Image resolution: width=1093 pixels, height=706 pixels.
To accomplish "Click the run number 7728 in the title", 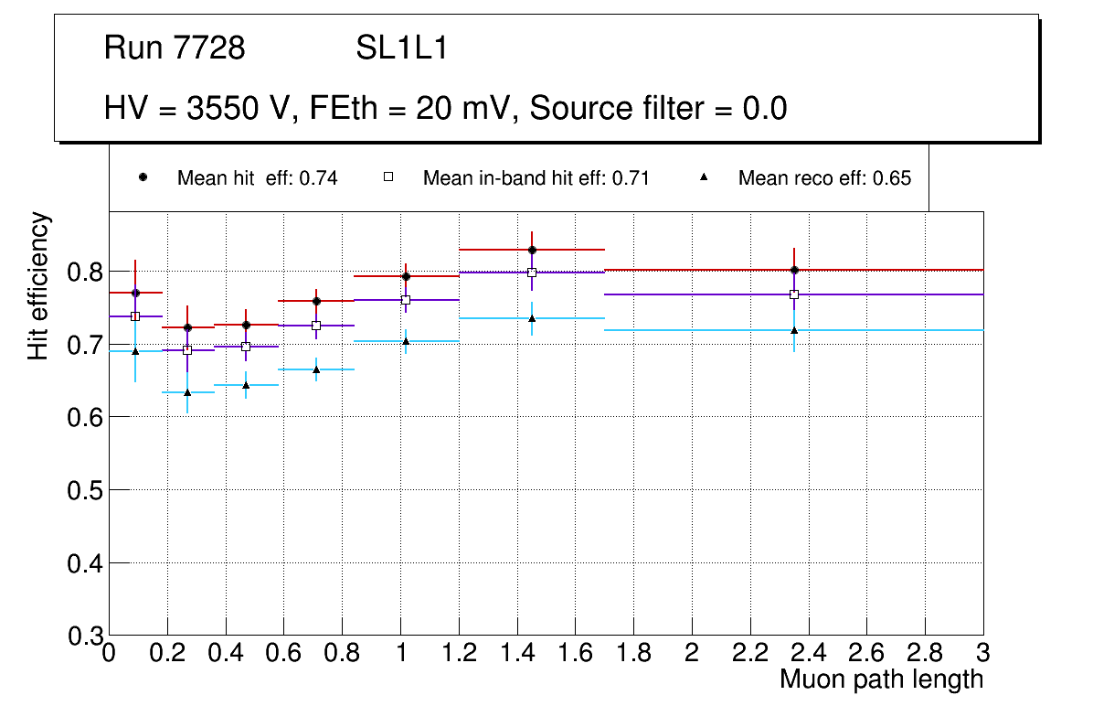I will pyautogui.click(x=209, y=48).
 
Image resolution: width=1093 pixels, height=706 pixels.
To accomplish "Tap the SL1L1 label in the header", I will pyautogui.click(x=401, y=48).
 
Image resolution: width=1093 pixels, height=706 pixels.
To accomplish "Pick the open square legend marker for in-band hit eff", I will pyautogui.click(x=388, y=177).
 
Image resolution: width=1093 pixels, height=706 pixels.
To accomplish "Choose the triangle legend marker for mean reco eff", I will pyautogui.click(x=704, y=177).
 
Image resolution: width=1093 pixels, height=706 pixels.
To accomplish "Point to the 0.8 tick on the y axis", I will pyautogui.click(x=85, y=272).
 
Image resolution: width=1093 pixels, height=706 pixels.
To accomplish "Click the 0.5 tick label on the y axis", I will pyautogui.click(x=85, y=490).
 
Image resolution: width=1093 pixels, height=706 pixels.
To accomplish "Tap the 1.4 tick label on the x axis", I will pyautogui.click(x=517, y=653).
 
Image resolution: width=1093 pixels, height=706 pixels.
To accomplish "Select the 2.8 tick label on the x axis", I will pyautogui.click(x=925, y=653).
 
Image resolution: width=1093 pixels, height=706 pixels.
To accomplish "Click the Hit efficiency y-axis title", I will pyautogui.click(x=38, y=285).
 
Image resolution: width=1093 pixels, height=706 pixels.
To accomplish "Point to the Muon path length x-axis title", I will pyautogui.click(x=881, y=679).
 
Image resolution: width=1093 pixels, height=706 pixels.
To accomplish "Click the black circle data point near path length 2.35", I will pyautogui.click(x=794, y=270).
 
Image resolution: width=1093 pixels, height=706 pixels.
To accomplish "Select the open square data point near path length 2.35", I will pyautogui.click(x=794, y=294).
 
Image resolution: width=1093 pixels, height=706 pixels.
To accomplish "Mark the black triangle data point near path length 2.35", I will pyautogui.click(x=794, y=330).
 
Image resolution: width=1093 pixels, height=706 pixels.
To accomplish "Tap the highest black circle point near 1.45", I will pyautogui.click(x=532, y=250).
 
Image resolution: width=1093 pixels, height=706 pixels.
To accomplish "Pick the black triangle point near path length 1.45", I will pyautogui.click(x=532, y=318).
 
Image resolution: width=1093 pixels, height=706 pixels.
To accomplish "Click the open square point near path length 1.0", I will pyautogui.click(x=406, y=300).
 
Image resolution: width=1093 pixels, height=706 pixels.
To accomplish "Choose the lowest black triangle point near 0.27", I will pyautogui.click(x=187, y=392).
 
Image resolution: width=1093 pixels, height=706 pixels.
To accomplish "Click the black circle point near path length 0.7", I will pyautogui.click(x=316, y=301).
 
